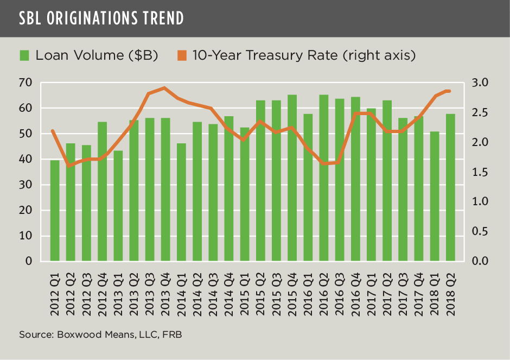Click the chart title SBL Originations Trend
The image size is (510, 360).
pyautogui.click(x=101, y=18)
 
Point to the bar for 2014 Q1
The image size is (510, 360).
pyautogui.click(x=181, y=202)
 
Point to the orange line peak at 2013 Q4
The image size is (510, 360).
pyautogui.click(x=165, y=88)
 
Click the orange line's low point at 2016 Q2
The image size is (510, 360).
pyautogui.click(x=323, y=163)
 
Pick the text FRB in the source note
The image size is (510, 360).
pyautogui.click(x=171, y=335)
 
